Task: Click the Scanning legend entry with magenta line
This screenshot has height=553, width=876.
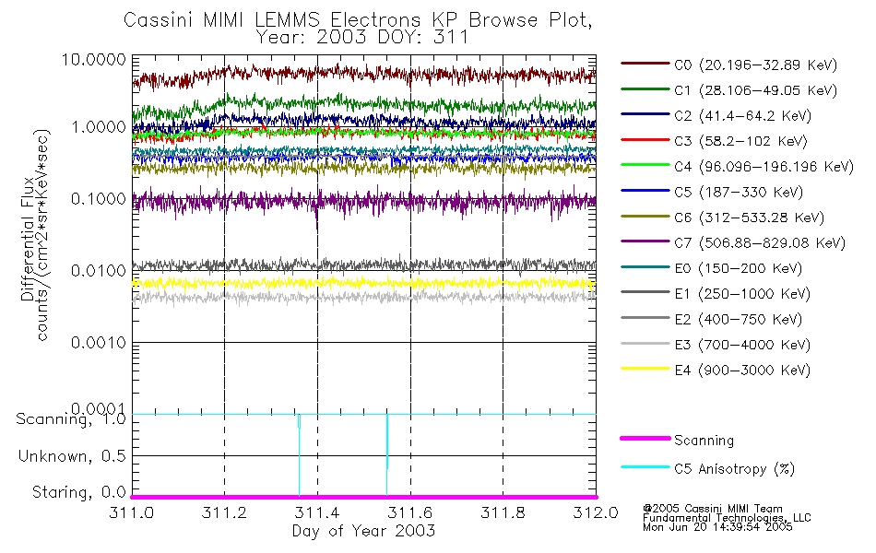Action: pos(704,441)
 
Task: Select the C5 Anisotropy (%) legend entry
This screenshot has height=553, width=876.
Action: pos(734,469)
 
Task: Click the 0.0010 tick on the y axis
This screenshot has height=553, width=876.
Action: pos(93,342)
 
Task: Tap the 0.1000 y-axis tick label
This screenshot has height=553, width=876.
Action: pos(93,199)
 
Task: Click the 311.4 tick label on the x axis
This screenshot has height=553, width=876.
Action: pos(317,512)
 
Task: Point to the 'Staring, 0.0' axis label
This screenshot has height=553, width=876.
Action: pos(73,492)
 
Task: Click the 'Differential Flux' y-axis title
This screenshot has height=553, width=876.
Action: pos(28,240)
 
